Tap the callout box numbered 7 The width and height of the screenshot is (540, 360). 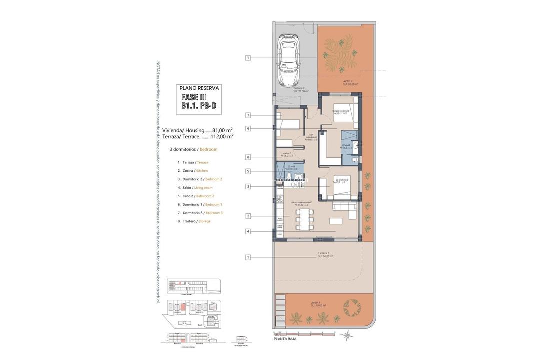(248, 115)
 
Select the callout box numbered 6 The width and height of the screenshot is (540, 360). (248, 128)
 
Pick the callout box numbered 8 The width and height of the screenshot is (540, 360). (248, 157)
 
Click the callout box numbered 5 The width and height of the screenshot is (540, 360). (248, 171)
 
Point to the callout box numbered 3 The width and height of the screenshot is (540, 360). (248, 187)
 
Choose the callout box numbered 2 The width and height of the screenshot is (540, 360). (248, 216)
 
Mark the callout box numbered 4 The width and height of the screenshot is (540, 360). (248, 231)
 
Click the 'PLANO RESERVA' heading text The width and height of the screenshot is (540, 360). (199, 88)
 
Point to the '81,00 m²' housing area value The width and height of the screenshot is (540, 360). (222, 130)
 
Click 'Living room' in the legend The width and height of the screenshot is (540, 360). (203, 187)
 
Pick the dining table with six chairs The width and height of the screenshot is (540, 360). (304, 218)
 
